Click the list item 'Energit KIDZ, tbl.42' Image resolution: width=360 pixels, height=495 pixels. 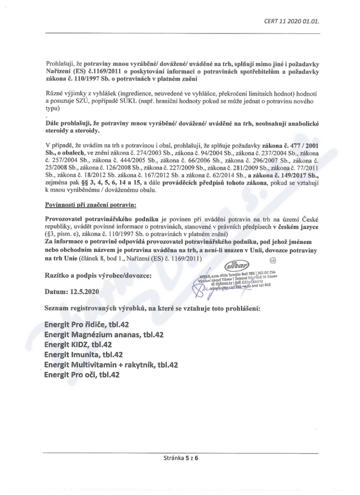[x=78, y=345]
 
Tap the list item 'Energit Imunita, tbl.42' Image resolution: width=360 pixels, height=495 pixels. [x=83, y=355]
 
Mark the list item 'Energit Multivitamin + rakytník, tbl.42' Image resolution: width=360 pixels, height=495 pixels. [x=111, y=365]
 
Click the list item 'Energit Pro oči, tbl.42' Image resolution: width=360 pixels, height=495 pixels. [x=82, y=375]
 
